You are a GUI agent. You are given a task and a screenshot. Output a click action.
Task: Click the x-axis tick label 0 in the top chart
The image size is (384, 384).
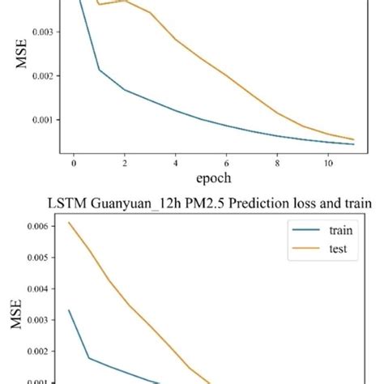pyautogui.click(x=74, y=161)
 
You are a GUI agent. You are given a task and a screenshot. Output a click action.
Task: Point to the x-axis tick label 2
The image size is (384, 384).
pyautogui.click(x=125, y=161)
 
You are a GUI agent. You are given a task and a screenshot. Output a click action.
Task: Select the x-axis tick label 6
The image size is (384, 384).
pyautogui.click(x=227, y=161)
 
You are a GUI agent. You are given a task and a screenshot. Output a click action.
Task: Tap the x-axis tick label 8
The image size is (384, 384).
pyautogui.click(x=278, y=161)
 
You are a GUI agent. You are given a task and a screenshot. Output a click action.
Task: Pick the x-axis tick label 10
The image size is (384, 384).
pyautogui.click(x=328, y=161)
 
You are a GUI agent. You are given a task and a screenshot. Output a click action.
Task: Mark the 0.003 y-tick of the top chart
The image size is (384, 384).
pyautogui.click(x=38, y=32)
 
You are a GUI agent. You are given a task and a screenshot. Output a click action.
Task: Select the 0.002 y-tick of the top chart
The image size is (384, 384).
pyautogui.click(x=38, y=75)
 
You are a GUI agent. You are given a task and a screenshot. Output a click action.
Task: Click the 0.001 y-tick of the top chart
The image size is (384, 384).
pyautogui.click(x=38, y=120)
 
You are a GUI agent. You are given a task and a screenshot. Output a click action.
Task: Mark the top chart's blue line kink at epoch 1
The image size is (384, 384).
pyautogui.click(x=99, y=70)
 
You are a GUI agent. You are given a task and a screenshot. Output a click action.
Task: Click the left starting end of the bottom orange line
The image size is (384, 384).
pyautogui.click(x=69, y=222)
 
